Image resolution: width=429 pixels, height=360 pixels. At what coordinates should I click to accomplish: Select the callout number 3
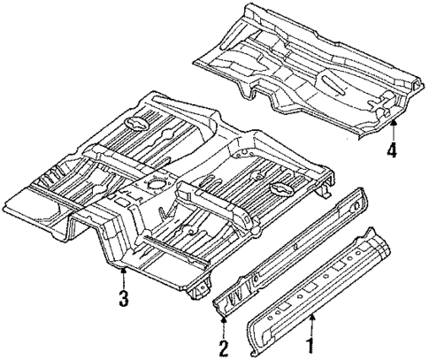124,298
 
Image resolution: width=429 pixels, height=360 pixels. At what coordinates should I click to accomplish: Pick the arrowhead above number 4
391,124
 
